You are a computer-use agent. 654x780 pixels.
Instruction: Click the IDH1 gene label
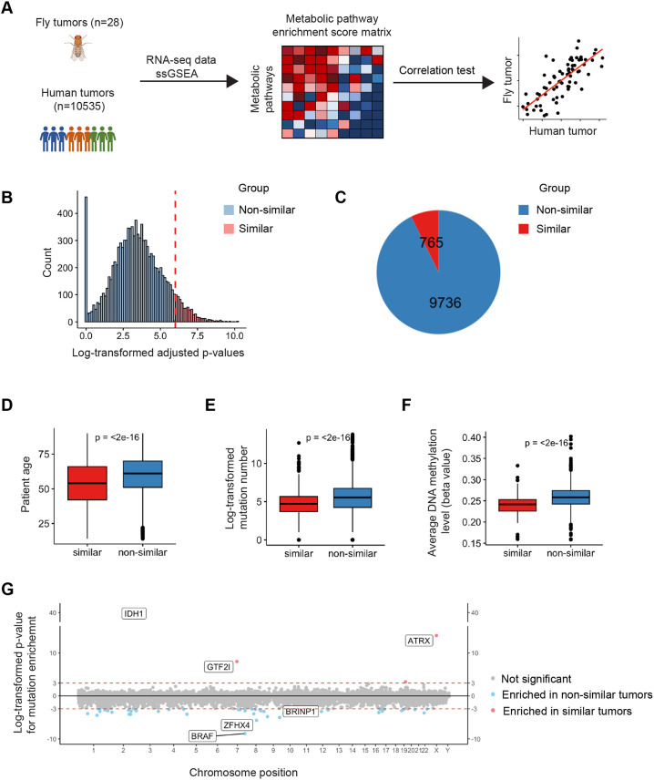coord(134,613)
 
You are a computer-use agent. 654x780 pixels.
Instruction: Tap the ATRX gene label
coord(419,641)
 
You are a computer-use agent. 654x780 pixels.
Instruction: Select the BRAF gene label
coord(202,735)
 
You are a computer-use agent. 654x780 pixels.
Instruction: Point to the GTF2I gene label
coord(219,667)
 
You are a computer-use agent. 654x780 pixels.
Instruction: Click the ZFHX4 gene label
coord(237,725)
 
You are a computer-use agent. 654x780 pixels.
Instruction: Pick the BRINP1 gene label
coord(301,712)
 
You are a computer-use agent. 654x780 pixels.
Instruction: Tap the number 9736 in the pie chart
coord(445,303)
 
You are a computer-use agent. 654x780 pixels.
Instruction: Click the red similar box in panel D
coord(87,483)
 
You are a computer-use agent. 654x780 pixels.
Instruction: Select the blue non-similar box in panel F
coord(570,498)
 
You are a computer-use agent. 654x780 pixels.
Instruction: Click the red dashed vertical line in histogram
coord(175,259)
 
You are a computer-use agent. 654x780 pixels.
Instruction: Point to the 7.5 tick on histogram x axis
coord(197,335)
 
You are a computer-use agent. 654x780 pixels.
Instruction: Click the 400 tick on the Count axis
coord(66,213)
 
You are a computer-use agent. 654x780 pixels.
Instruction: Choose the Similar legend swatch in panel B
coord(229,229)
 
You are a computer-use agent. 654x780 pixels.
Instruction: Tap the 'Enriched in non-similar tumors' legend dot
coord(493,694)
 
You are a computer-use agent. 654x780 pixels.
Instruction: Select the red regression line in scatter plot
coord(563,79)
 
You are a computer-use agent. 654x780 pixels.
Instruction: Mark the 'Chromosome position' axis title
coord(244,773)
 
